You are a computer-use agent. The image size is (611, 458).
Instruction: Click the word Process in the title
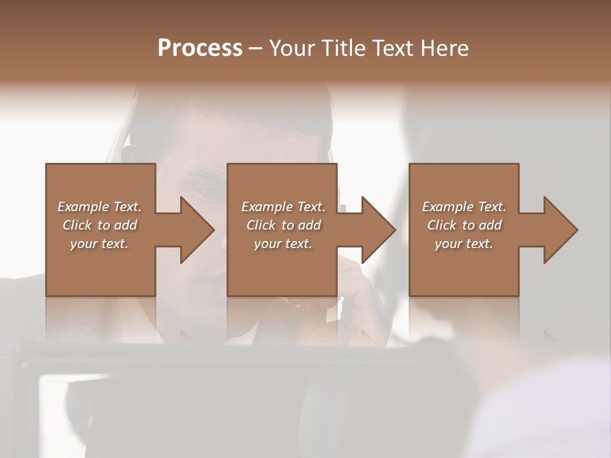[x=200, y=48]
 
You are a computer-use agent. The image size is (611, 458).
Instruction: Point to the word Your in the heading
[x=291, y=48]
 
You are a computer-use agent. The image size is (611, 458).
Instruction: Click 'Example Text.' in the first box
[x=99, y=207]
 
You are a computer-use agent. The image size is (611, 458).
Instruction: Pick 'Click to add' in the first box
[x=99, y=225]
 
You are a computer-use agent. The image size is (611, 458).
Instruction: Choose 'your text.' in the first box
[x=99, y=244]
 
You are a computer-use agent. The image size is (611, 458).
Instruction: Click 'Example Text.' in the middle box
[x=283, y=207]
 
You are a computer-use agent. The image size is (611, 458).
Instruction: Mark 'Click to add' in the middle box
[x=283, y=225]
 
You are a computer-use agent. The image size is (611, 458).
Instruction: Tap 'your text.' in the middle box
[x=283, y=244]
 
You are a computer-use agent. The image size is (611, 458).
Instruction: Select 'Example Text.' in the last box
[x=464, y=207]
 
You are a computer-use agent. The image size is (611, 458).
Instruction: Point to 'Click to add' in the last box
[x=464, y=225]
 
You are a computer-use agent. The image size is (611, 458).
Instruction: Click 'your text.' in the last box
[x=464, y=244]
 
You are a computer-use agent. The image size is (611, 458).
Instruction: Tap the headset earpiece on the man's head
[x=129, y=155]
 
